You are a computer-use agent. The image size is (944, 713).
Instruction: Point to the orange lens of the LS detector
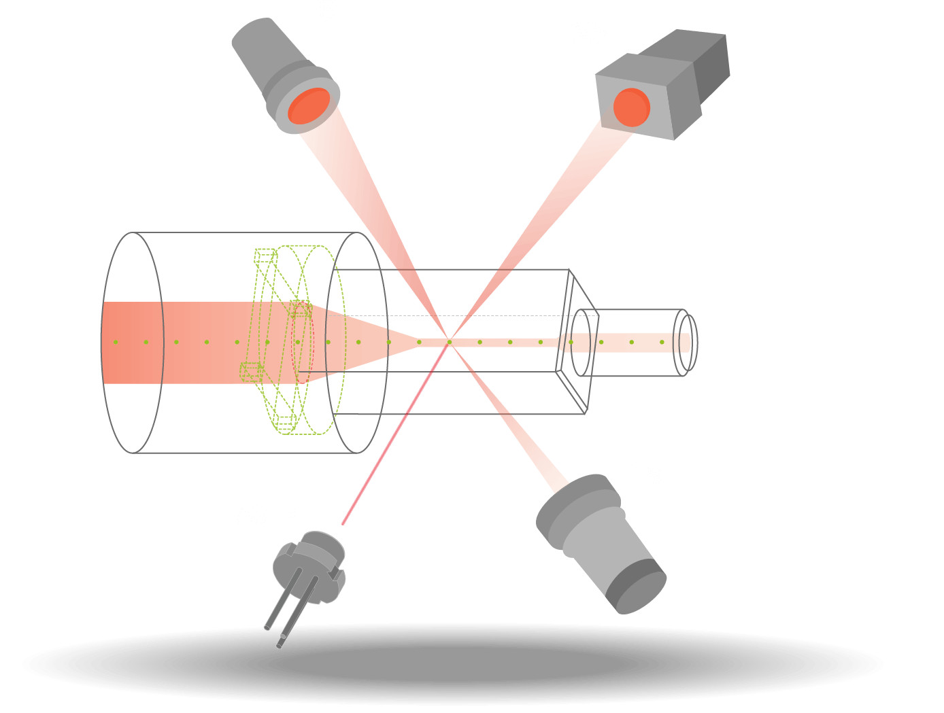tap(309, 107)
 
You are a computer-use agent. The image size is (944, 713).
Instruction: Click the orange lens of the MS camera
tap(631, 107)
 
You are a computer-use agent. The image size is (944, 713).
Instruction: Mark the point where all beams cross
tap(449, 340)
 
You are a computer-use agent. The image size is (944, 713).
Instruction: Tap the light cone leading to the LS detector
tap(367, 204)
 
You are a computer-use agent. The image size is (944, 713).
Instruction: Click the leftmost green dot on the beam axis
tap(116, 342)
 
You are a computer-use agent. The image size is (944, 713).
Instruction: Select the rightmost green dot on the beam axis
tap(662, 342)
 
